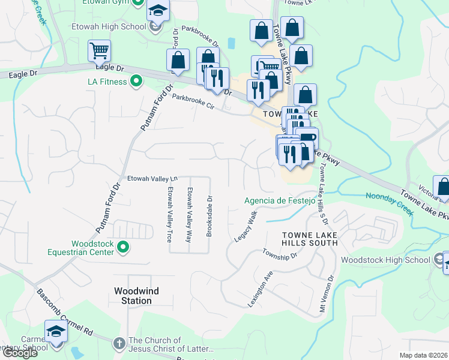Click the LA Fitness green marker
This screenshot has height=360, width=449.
(136, 81)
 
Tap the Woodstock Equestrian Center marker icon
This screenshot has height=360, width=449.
(124, 247)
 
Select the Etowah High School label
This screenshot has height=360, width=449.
(109, 26)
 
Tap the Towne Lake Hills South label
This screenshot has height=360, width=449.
(310, 238)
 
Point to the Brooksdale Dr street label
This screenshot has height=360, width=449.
(209, 215)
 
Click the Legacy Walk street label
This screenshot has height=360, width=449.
(246, 226)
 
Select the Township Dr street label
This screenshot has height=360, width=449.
(280, 254)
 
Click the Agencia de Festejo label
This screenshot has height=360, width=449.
(279, 201)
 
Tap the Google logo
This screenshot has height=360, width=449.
(19, 353)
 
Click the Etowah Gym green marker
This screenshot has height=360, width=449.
(138, 2)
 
